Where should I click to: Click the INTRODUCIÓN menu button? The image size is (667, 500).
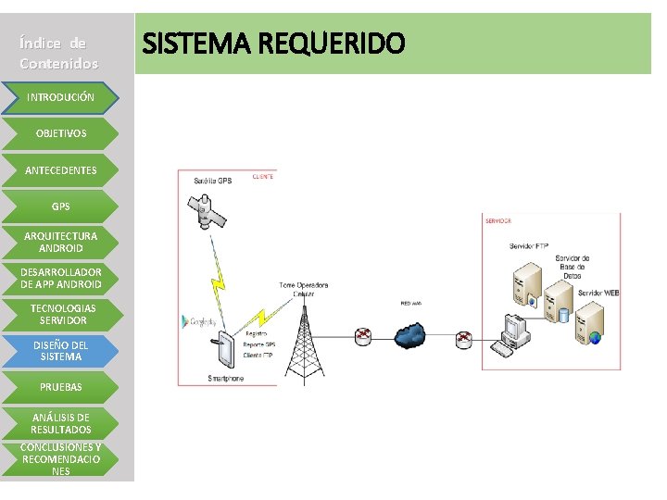click(60, 97)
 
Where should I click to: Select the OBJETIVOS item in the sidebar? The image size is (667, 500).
click(60, 133)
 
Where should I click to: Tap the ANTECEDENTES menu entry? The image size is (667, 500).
click(60, 170)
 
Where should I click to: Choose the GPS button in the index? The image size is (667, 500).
click(60, 206)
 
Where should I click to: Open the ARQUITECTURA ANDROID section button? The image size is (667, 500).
click(60, 242)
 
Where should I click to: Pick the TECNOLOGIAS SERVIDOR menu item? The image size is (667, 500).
click(60, 314)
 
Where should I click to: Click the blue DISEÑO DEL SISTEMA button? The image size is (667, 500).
click(60, 350)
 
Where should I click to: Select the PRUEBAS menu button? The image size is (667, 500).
click(60, 386)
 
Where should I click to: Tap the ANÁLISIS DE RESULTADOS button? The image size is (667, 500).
click(60, 423)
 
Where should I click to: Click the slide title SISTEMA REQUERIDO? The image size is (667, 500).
click(273, 44)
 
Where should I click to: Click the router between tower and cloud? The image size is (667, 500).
click(363, 336)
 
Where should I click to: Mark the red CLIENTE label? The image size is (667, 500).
click(263, 176)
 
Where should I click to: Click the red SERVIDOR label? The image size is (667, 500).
click(498, 220)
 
